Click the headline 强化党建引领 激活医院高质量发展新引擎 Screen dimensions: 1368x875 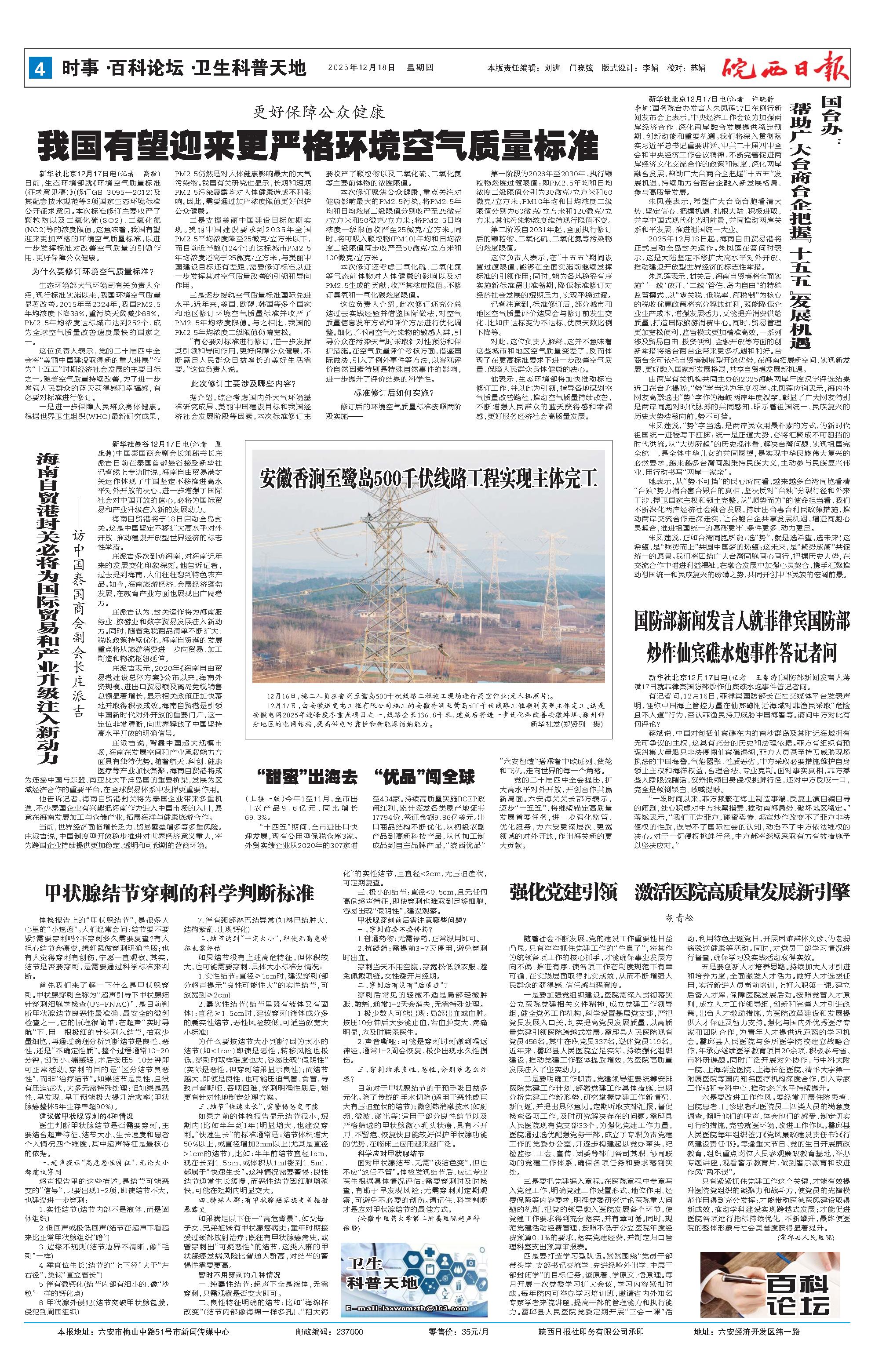679,891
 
